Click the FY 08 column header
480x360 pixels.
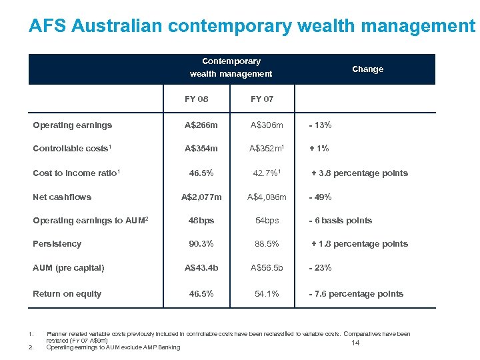click(x=197, y=99)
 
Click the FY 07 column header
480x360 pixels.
click(x=262, y=99)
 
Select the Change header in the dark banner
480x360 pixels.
click(x=367, y=69)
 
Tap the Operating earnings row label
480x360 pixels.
click(x=73, y=125)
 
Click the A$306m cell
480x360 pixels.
click(x=267, y=125)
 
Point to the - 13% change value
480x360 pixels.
click(x=319, y=125)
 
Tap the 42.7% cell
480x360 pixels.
click(x=264, y=173)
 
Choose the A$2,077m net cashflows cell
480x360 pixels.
click(x=202, y=197)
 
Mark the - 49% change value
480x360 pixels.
click(x=320, y=197)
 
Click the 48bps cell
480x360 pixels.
click(x=201, y=221)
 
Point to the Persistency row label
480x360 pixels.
click(x=57, y=244)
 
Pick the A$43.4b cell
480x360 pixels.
click(x=201, y=268)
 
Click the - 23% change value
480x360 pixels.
click(x=320, y=268)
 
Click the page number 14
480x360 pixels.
click(x=355, y=343)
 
